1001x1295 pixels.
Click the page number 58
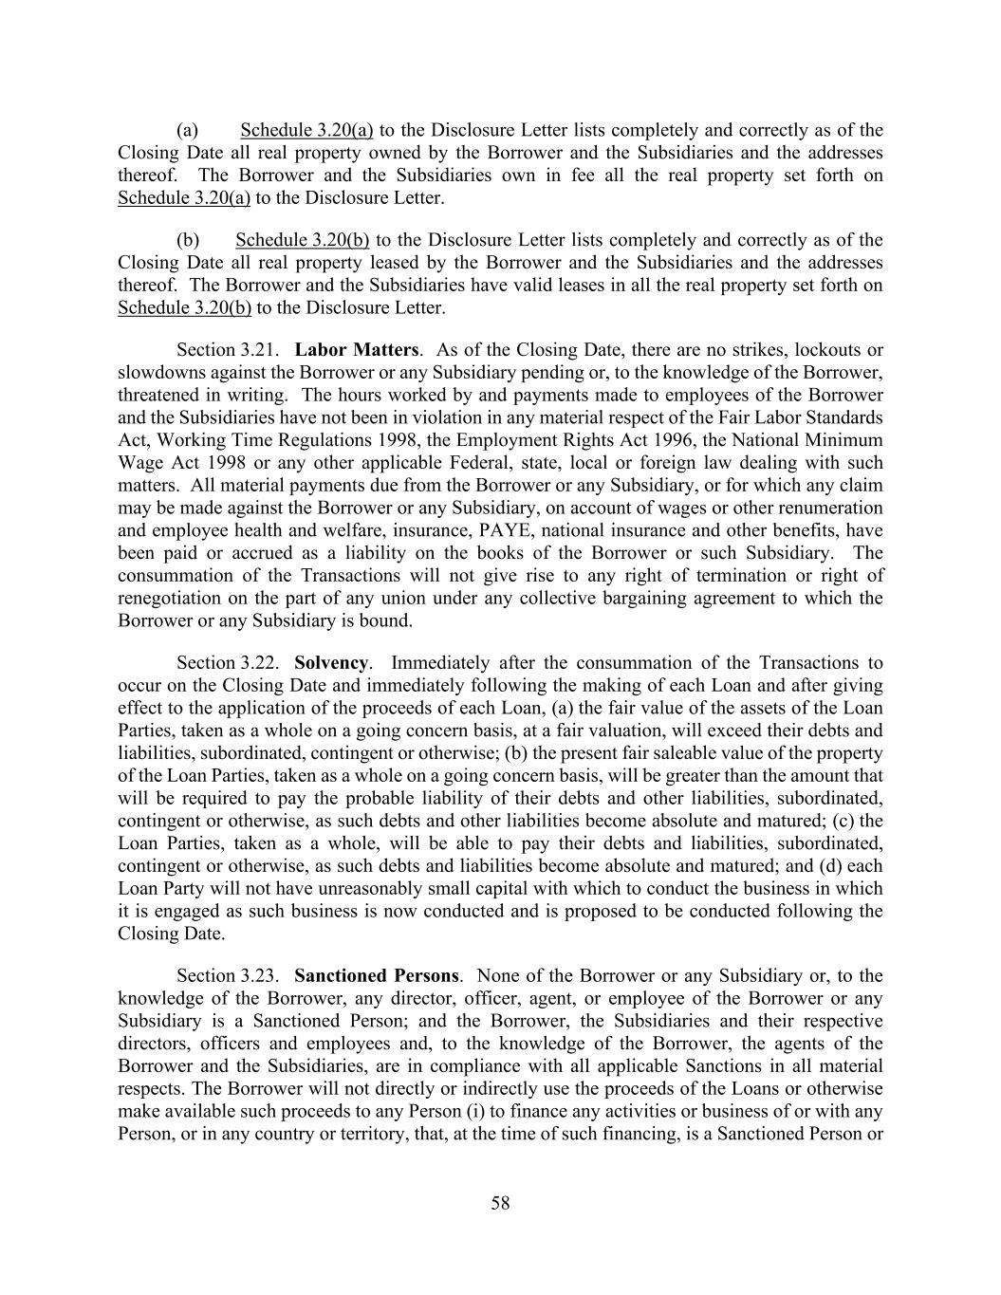point(500,1203)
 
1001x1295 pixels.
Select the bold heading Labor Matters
point(356,350)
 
